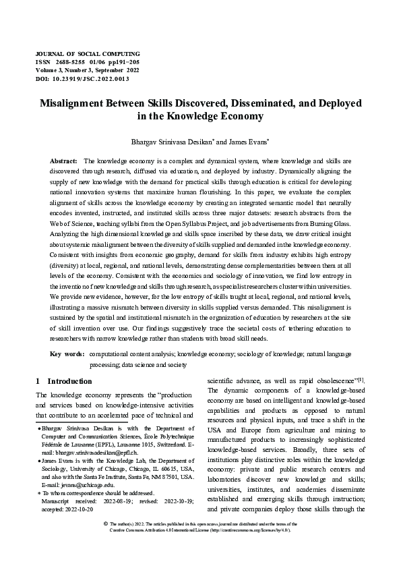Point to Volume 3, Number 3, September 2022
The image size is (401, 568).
point(88,70)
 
